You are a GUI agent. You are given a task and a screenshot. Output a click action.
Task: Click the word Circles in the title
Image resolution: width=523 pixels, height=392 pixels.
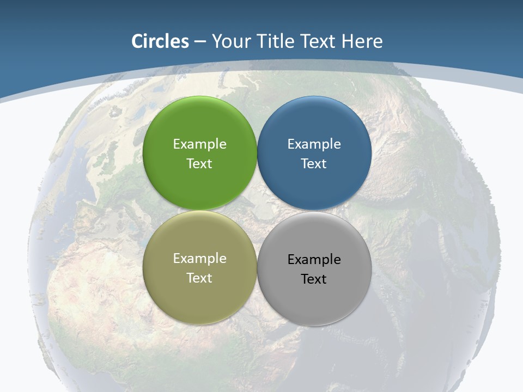point(160,41)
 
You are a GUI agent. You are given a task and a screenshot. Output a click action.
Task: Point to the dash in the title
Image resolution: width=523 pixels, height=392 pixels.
point(200,42)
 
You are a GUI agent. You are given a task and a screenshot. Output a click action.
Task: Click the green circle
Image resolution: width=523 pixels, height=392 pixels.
point(199,125)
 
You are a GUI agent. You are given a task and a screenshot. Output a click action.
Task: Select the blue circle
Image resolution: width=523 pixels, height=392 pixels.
point(314,125)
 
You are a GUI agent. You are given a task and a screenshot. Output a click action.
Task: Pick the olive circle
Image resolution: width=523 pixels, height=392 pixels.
point(199,294)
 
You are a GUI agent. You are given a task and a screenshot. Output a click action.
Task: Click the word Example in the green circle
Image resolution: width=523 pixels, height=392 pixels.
point(199,144)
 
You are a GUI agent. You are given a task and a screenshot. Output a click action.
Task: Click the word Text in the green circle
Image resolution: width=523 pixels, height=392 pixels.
point(199,163)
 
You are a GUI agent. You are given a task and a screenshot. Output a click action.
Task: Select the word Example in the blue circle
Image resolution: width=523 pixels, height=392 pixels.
point(314,144)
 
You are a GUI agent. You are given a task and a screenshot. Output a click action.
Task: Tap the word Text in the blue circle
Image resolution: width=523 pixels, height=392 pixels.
point(314,163)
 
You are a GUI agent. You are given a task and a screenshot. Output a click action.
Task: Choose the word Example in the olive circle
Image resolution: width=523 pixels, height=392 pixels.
point(199,258)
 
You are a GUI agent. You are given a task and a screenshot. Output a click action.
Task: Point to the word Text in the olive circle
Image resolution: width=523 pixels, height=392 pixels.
point(199,278)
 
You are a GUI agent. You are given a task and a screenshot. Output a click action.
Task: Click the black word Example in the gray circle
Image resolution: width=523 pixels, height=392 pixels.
point(314,259)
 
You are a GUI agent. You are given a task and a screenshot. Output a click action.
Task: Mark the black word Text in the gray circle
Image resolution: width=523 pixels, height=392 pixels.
point(314,279)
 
